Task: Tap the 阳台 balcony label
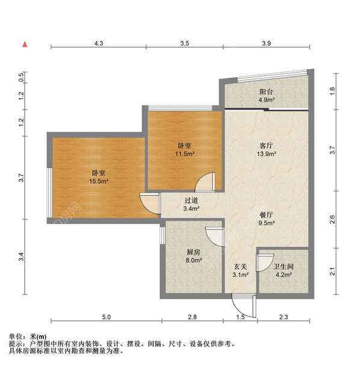(x=267, y=92)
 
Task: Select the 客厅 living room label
(x=267, y=146)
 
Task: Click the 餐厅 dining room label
(x=267, y=214)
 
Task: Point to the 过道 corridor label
(x=191, y=201)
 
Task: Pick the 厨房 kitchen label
(x=193, y=252)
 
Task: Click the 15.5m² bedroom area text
(x=99, y=181)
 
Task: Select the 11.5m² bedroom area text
(x=185, y=154)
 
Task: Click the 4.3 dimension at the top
(x=99, y=43)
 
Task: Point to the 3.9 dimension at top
(x=267, y=43)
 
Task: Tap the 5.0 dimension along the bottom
(x=106, y=317)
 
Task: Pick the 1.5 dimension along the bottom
(x=241, y=317)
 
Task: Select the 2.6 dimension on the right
(x=333, y=220)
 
